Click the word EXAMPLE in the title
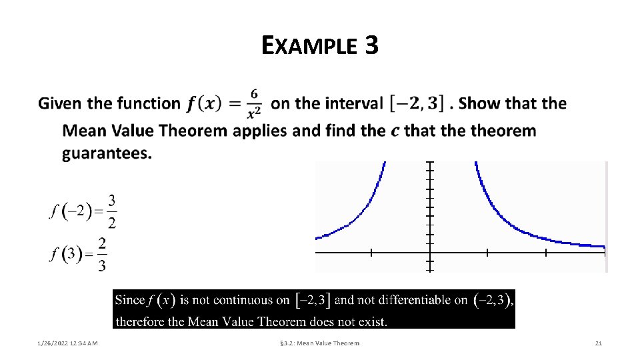pos(309,46)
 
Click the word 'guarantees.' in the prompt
pos(107,154)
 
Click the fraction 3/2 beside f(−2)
pos(111,211)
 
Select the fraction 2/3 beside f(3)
pos(101,255)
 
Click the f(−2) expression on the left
pos(69,212)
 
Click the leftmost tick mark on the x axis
pos(371,253)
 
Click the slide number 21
pos(598,343)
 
